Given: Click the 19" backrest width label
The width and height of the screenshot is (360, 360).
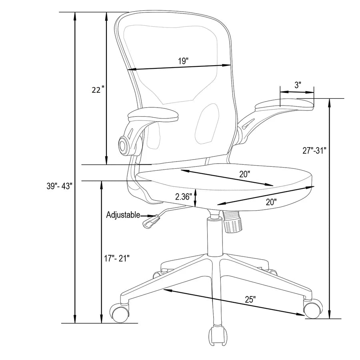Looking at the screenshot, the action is point(183,61).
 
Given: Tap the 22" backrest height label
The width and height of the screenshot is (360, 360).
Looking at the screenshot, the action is point(98,90).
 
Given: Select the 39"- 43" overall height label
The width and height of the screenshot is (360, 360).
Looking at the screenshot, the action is point(60,186).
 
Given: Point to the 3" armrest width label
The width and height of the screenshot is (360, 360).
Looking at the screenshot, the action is point(298,85).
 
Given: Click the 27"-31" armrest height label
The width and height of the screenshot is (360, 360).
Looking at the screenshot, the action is point(314,151).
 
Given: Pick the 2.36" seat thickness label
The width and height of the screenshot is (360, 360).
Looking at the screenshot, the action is point(184,197).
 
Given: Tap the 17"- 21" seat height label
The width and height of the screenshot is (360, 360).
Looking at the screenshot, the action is point(117,258).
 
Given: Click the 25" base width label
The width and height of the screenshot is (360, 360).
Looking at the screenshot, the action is point(250,299).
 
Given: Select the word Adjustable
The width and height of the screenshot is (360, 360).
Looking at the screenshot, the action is point(123,215).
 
